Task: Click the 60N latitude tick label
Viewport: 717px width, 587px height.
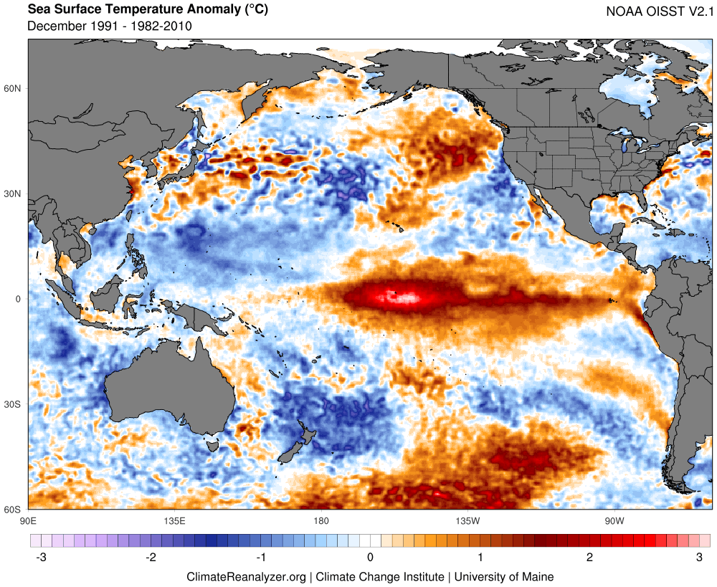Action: coord(13,88)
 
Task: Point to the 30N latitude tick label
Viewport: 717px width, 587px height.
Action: coord(13,194)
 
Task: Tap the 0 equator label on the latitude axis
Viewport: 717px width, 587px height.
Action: coord(19,299)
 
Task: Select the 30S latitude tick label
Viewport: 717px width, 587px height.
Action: coord(13,404)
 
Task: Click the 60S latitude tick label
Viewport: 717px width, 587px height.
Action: coord(13,510)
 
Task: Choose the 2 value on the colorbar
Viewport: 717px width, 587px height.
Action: coord(589,558)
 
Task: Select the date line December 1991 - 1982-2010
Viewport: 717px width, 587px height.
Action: coord(109,27)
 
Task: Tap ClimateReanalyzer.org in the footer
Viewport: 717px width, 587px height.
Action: coord(246,576)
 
